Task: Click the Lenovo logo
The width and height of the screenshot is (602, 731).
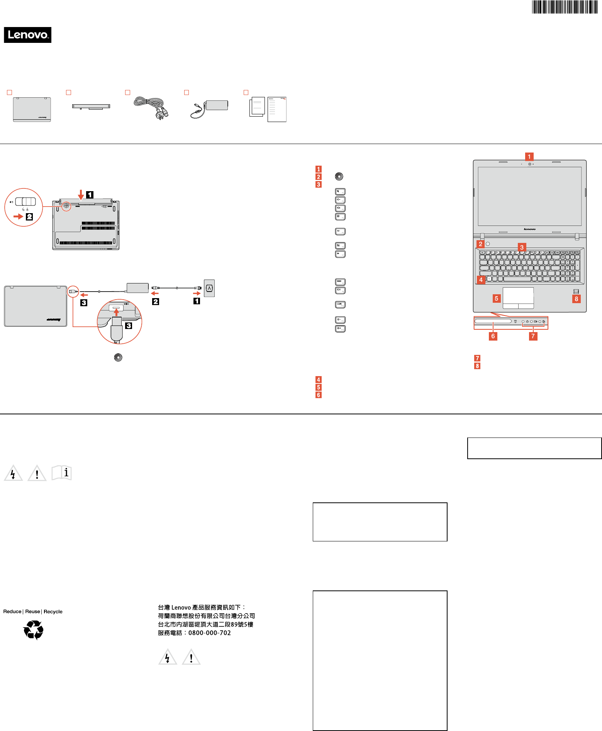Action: (27, 35)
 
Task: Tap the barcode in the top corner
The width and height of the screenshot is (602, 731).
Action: (565, 7)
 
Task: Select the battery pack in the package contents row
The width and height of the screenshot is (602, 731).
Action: (91, 106)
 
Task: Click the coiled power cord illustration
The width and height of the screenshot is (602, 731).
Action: (151, 108)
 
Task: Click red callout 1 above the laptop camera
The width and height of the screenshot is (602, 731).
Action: (529, 156)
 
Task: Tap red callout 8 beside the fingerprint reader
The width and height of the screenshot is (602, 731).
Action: (576, 299)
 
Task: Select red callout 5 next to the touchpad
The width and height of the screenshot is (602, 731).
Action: (496, 298)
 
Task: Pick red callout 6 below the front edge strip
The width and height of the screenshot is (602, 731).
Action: (493, 336)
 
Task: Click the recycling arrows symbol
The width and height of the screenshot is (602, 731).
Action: (34, 630)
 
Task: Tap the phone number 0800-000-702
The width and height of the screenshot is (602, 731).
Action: (210, 633)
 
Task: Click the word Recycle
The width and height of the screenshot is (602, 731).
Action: (53, 611)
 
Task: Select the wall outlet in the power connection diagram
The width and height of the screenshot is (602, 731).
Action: (209, 288)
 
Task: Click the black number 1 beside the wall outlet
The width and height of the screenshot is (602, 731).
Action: (197, 301)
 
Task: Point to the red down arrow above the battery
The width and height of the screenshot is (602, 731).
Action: (81, 194)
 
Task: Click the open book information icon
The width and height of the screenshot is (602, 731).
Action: (62, 473)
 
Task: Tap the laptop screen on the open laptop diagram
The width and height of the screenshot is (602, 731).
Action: (529, 196)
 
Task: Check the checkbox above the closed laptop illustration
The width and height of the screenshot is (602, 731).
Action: (10, 92)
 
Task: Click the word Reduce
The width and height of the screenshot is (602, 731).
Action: (12, 611)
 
